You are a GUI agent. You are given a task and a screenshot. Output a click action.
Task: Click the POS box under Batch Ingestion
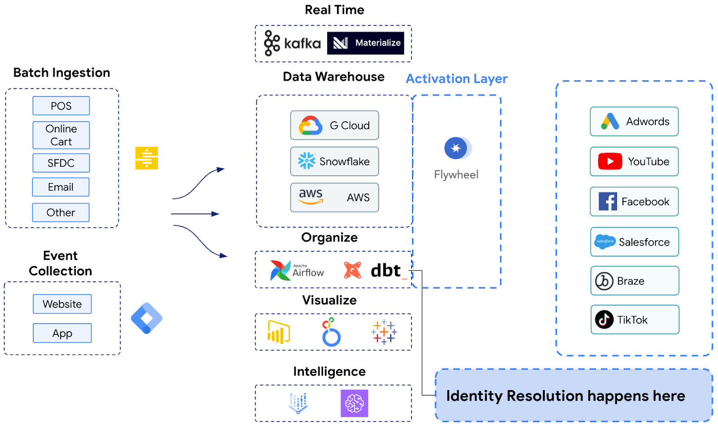(61, 106)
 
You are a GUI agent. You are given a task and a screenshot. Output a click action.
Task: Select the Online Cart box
(61, 135)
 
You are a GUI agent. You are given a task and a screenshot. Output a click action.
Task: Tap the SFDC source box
(61, 163)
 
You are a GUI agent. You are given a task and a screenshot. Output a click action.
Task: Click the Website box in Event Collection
(62, 304)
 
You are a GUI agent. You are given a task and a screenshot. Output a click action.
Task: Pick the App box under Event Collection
(62, 333)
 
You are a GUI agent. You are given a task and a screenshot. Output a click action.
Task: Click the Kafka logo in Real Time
(292, 43)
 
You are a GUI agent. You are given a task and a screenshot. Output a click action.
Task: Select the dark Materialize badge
(365, 43)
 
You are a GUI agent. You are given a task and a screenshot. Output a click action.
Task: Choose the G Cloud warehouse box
(334, 125)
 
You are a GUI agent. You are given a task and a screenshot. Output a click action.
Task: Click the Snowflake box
(334, 161)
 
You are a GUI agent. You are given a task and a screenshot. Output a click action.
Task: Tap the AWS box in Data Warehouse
(334, 197)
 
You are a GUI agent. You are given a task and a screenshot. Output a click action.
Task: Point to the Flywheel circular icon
(456, 148)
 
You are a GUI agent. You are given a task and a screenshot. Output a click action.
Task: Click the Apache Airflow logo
(297, 270)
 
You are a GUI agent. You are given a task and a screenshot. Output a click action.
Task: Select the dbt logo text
(385, 270)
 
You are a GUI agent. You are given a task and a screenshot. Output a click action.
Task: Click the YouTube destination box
(634, 161)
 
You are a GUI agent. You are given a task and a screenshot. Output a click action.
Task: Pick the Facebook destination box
(634, 202)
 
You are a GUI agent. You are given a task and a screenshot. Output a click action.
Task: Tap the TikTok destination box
(635, 320)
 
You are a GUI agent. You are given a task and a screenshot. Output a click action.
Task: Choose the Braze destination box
(635, 281)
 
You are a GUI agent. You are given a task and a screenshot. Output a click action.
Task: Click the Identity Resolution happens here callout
(574, 395)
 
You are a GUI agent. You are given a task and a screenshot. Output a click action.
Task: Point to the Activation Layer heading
(456, 79)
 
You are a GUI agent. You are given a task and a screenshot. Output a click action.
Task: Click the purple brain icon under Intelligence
(354, 403)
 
